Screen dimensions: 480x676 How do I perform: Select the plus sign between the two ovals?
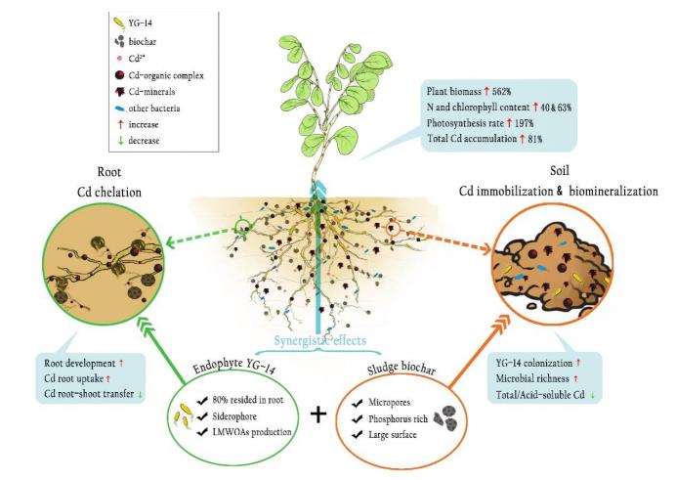pos(317,414)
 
